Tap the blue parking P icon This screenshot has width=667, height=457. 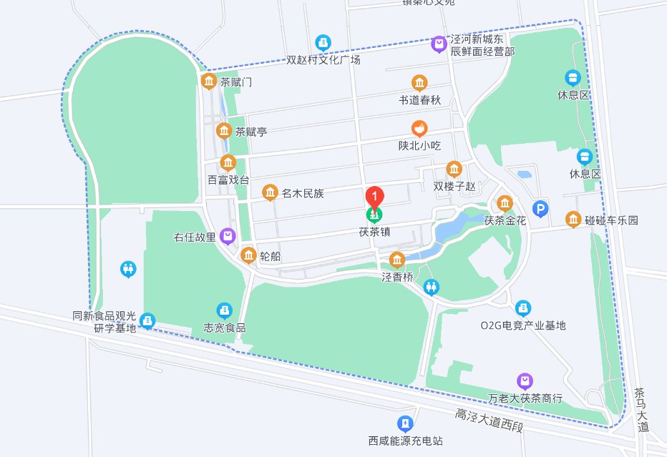(x=542, y=209)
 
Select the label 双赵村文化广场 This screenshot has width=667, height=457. (x=323, y=60)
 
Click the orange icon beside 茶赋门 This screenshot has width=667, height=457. (x=209, y=82)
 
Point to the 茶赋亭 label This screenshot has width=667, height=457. (x=251, y=132)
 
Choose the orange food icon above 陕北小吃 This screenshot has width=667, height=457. (x=419, y=129)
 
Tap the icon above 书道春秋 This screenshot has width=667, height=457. (x=419, y=83)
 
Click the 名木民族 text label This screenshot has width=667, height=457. (x=303, y=193)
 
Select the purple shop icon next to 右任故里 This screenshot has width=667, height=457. (x=228, y=235)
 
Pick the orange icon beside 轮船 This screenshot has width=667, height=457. (x=248, y=255)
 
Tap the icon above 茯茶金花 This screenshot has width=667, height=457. (x=505, y=203)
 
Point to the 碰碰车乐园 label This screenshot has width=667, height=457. (x=611, y=220)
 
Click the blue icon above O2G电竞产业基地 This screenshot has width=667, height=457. (x=523, y=308)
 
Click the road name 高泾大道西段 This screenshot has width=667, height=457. (x=490, y=420)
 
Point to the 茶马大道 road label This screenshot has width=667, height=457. (x=641, y=410)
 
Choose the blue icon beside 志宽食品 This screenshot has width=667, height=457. (x=225, y=310)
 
